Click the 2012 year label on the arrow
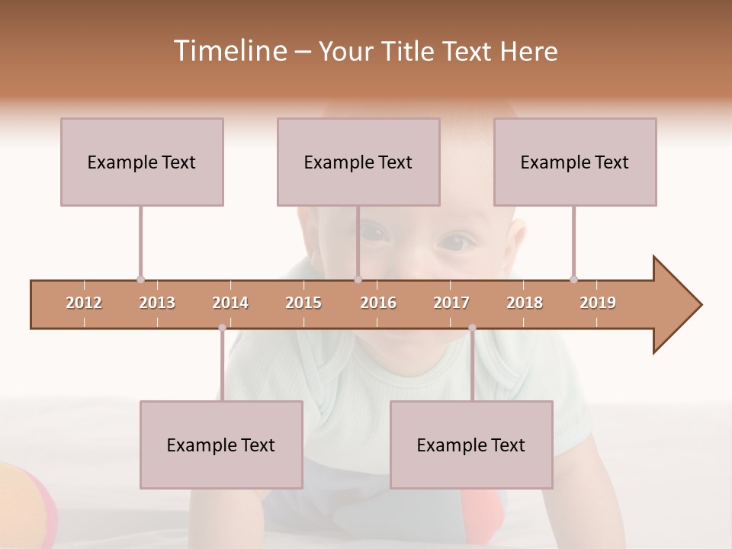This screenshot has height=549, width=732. [x=84, y=303]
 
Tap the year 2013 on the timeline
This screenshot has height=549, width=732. [x=157, y=303]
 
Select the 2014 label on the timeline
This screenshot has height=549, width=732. [x=230, y=303]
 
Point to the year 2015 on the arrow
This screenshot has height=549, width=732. [x=303, y=303]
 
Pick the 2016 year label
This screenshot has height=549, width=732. [x=378, y=303]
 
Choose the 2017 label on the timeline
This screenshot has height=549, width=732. [x=451, y=303]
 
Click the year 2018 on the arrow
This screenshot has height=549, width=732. [x=525, y=303]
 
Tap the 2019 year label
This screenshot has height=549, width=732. [x=598, y=303]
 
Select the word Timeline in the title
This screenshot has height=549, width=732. [x=229, y=51]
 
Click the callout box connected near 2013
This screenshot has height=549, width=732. [x=142, y=162]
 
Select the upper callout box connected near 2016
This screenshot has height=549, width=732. [x=358, y=162]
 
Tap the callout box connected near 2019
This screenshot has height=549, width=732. [x=575, y=162]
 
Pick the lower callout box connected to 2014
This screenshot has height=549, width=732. [x=221, y=445]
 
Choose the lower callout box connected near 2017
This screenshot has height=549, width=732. [x=471, y=445]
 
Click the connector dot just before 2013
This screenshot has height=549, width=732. [x=140, y=279]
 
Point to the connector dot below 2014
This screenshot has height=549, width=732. [x=222, y=328]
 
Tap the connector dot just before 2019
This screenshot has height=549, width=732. [x=573, y=279]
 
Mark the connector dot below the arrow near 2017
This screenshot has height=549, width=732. [x=472, y=328]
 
